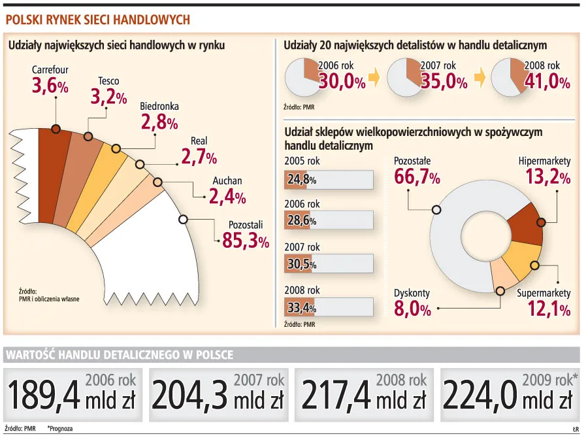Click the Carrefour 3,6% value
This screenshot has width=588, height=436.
pyautogui.click(x=50, y=86)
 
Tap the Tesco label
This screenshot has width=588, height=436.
pyautogui.click(x=108, y=81)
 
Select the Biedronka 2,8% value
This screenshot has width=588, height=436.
pyautogui.click(x=159, y=122)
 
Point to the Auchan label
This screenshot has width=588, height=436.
pyautogui.click(x=227, y=181)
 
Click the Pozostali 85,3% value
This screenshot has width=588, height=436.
pyautogui.click(x=245, y=241)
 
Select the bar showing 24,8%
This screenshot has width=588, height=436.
pyautogui.click(x=329, y=180)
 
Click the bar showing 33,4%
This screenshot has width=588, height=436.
pyautogui.click(x=329, y=307)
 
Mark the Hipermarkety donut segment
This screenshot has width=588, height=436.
pyautogui.click(x=526, y=222)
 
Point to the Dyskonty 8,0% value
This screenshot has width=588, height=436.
pyautogui.click(x=412, y=309)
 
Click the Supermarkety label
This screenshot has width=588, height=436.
pyautogui.click(x=544, y=293)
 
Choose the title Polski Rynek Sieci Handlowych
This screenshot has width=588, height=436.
pyautogui.click(x=98, y=20)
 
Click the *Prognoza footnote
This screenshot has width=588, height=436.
pyautogui.click(x=59, y=428)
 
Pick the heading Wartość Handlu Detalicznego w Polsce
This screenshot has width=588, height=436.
pyautogui.click(x=119, y=355)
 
